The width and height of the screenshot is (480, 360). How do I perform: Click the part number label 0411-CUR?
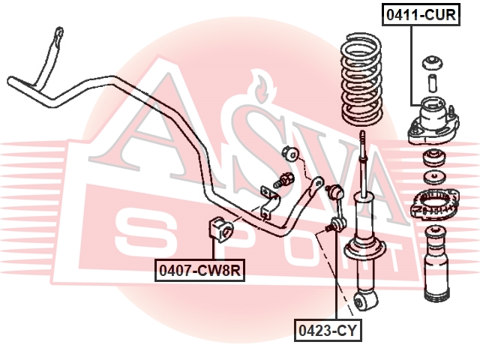click(421, 14)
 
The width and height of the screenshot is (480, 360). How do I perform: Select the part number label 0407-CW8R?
click(199, 270)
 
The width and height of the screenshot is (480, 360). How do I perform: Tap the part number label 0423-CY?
click(328, 330)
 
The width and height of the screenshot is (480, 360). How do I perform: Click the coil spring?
click(361, 80)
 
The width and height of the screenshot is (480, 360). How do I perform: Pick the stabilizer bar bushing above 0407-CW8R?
click(221, 229)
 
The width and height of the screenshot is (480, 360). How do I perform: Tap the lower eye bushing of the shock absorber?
click(365, 300)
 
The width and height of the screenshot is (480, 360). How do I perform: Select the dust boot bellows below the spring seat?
click(436, 262)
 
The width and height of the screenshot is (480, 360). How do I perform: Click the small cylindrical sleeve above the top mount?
click(432, 82)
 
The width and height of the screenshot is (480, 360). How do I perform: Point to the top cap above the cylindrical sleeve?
click(432, 63)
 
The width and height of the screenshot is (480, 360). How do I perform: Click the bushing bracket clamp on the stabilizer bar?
click(268, 202)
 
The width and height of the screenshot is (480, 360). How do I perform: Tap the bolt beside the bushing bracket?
click(284, 180)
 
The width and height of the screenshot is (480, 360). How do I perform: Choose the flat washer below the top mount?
click(434, 178)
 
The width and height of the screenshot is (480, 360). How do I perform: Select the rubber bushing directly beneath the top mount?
click(434, 158)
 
